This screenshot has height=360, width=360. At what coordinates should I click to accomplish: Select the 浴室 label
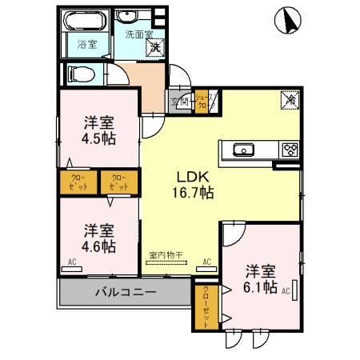(x=86, y=44)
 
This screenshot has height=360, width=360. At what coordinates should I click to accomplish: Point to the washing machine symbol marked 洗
(x=155, y=46)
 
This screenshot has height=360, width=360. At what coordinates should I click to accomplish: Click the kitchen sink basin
(x=243, y=150)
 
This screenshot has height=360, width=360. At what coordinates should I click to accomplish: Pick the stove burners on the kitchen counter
(x=289, y=150)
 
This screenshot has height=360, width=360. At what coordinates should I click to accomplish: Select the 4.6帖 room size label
(x=98, y=245)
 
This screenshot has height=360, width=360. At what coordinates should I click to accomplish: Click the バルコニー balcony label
(x=126, y=292)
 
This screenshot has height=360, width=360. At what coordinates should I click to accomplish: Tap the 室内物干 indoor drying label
(x=166, y=255)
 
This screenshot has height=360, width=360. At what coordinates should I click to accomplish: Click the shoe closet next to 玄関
(x=201, y=101)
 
